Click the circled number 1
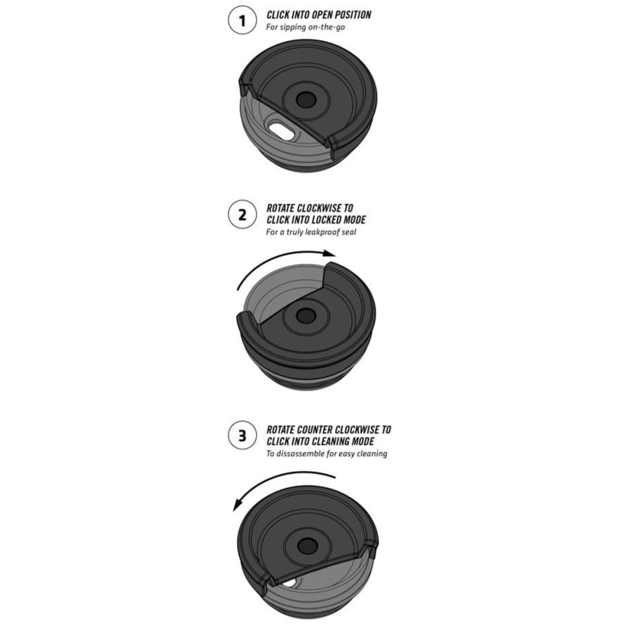pyautogui.click(x=242, y=20)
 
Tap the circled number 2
pyautogui.click(x=242, y=214)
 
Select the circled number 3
pyautogui.click(x=242, y=435)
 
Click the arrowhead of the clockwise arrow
pyautogui.click(x=329, y=254)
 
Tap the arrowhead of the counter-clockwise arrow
pyautogui.click(x=238, y=505)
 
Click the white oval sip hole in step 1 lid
pyautogui.click(x=282, y=132)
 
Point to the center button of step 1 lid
pyautogui.click(x=306, y=99)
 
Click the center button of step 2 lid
pyautogui.click(x=306, y=316)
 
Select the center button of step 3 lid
pyautogui.click(x=307, y=546)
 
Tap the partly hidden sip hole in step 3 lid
pyautogui.click(x=290, y=582)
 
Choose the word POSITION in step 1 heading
pyautogui.click(x=353, y=15)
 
